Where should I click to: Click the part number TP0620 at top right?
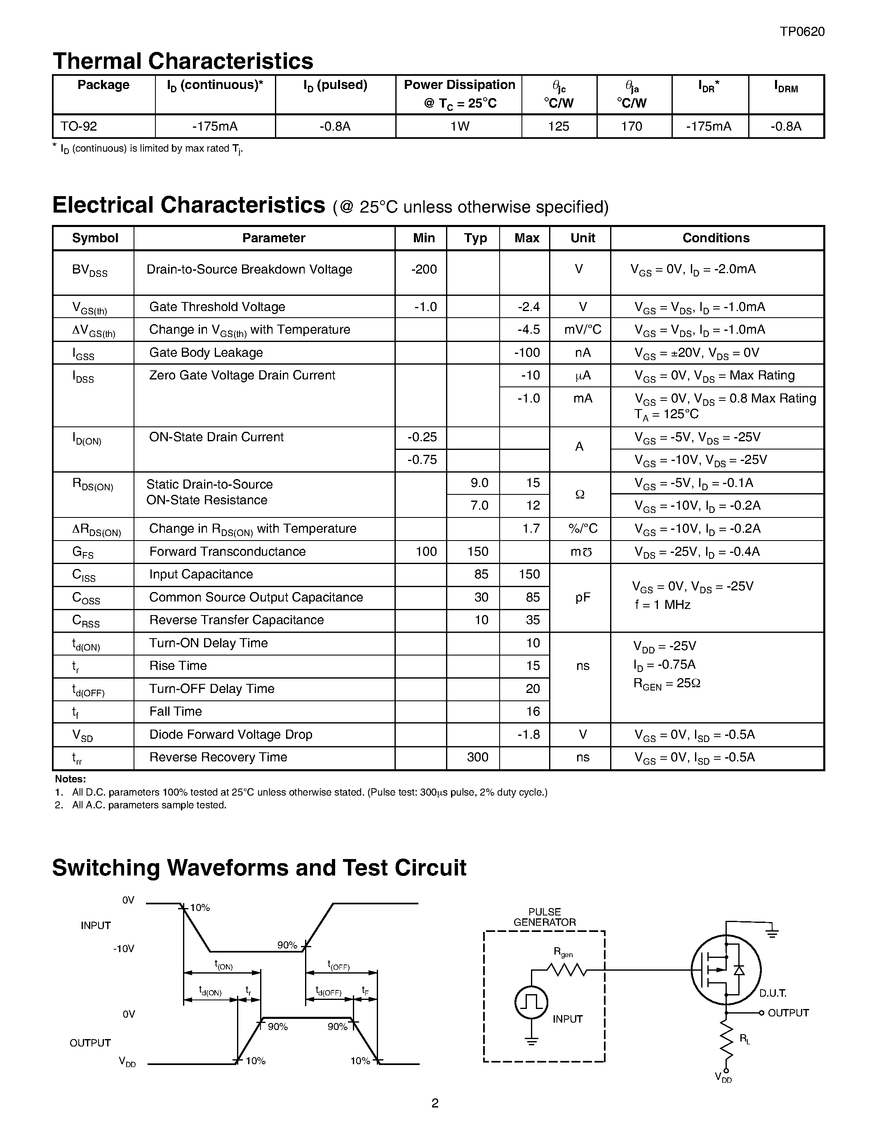pyautogui.click(x=802, y=32)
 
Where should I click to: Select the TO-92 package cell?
pyautogui.click(x=79, y=126)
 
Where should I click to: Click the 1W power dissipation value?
pyautogui.click(x=459, y=126)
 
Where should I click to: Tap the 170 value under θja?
pyautogui.click(x=632, y=126)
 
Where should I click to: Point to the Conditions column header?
pyautogui.click(x=716, y=238)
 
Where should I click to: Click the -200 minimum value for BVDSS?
pyautogui.click(x=424, y=269)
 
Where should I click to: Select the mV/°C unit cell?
pyautogui.click(x=582, y=330)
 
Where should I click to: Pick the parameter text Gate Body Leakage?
pyautogui.click(x=206, y=352)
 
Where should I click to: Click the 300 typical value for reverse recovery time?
pyautogui.click(x=477, y=757)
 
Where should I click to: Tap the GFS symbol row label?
pyautogui.click(x=83, y=552)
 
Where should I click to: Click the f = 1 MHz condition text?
pyautogui.click(x=663, y=604)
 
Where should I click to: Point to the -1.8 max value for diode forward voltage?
pyautogui.click(x=528, y=734)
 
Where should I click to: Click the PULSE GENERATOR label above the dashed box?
pyautogui.click(x=545, y=917)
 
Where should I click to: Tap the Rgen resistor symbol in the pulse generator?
pyautogui.click(x=567, y=969)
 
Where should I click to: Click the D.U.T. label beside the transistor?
pyautogui.click(x=773, y=993)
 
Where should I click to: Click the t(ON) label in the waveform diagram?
pyautogui.click(x=224, y=965)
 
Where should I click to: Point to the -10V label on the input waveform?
pyautogui.click(x=124, y=949)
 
